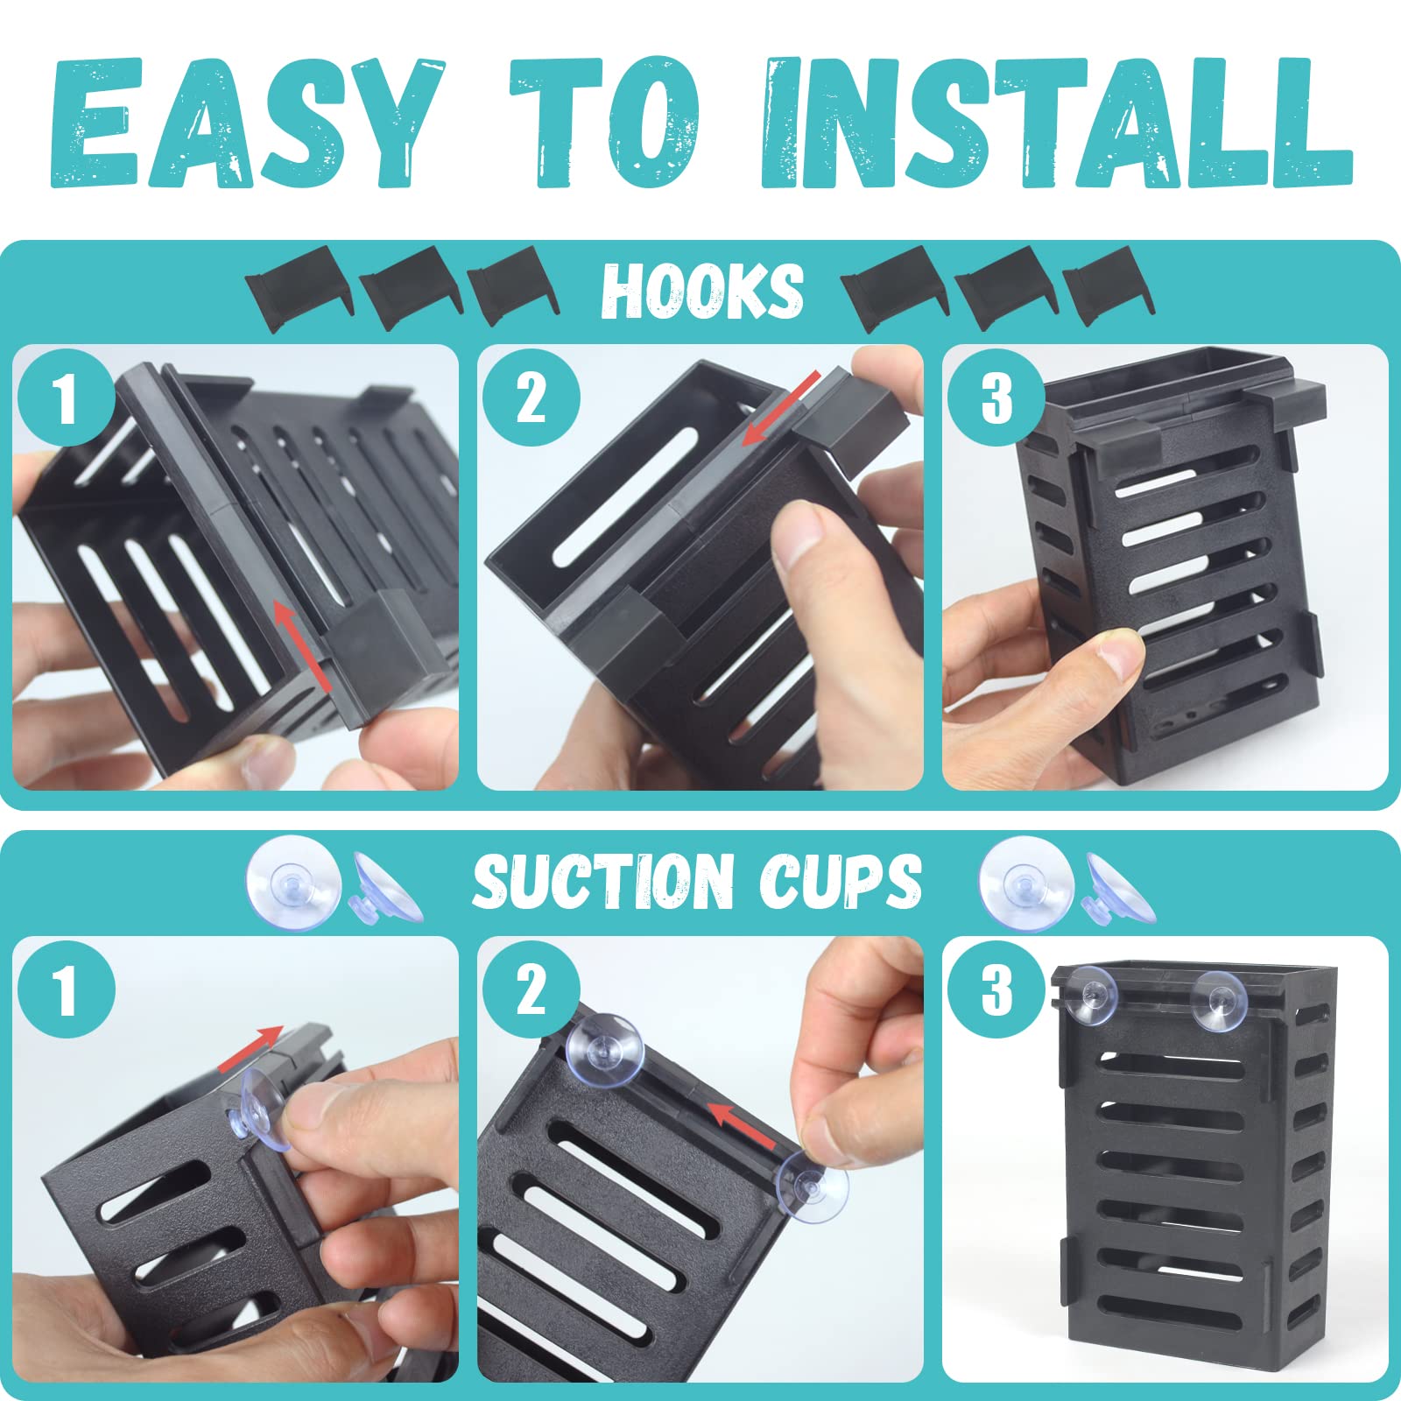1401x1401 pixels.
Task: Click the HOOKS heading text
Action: pos(701,291)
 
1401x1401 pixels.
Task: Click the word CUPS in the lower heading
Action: pos(841,881)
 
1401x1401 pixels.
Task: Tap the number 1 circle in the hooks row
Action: pos(66,399)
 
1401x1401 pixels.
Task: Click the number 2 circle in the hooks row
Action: pos(531,399)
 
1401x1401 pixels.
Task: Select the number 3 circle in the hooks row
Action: pos(996,399)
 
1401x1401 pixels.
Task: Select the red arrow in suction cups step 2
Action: pos(741,1125)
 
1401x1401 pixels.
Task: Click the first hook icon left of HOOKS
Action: pos(298,291)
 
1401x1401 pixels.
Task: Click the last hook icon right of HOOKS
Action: pos(1108,286)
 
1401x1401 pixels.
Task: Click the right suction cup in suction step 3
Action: pos(1217,999)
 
